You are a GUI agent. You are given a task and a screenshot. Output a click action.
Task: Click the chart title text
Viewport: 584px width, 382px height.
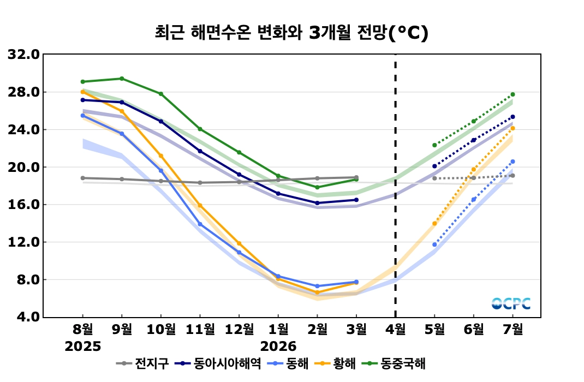click(291, 33)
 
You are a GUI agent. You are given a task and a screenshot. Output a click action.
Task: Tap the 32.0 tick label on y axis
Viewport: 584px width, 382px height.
click(23, 55)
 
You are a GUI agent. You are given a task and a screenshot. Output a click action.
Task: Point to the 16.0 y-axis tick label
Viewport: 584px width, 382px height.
click(23, 205)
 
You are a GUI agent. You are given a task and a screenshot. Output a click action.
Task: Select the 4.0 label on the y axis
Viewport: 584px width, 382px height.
click(27, 317)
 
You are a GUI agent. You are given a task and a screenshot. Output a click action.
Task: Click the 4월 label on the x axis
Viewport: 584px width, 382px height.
click(395, 330)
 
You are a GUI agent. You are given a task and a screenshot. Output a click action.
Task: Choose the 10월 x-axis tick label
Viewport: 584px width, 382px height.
click(161, 330)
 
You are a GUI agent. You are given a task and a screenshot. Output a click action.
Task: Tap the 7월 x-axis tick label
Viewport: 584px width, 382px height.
click(513, 330)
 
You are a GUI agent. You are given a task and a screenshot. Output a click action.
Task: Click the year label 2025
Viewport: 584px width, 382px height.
click(83, 347)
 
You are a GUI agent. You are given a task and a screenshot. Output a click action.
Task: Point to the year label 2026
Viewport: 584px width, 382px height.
click(278, 347)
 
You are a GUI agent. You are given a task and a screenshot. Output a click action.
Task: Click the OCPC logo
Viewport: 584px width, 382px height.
click(511, 303)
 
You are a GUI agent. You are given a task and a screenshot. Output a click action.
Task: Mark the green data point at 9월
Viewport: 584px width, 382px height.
click(122, 79)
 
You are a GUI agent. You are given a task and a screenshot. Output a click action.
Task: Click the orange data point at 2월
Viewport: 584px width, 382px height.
click(318, 293)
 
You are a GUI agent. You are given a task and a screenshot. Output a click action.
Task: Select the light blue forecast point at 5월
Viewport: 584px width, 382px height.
click(434, 244)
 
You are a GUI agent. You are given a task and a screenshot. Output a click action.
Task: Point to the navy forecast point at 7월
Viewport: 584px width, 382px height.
click(513, 117)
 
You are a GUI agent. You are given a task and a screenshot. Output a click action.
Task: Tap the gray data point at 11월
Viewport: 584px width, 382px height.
click(200, 183)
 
